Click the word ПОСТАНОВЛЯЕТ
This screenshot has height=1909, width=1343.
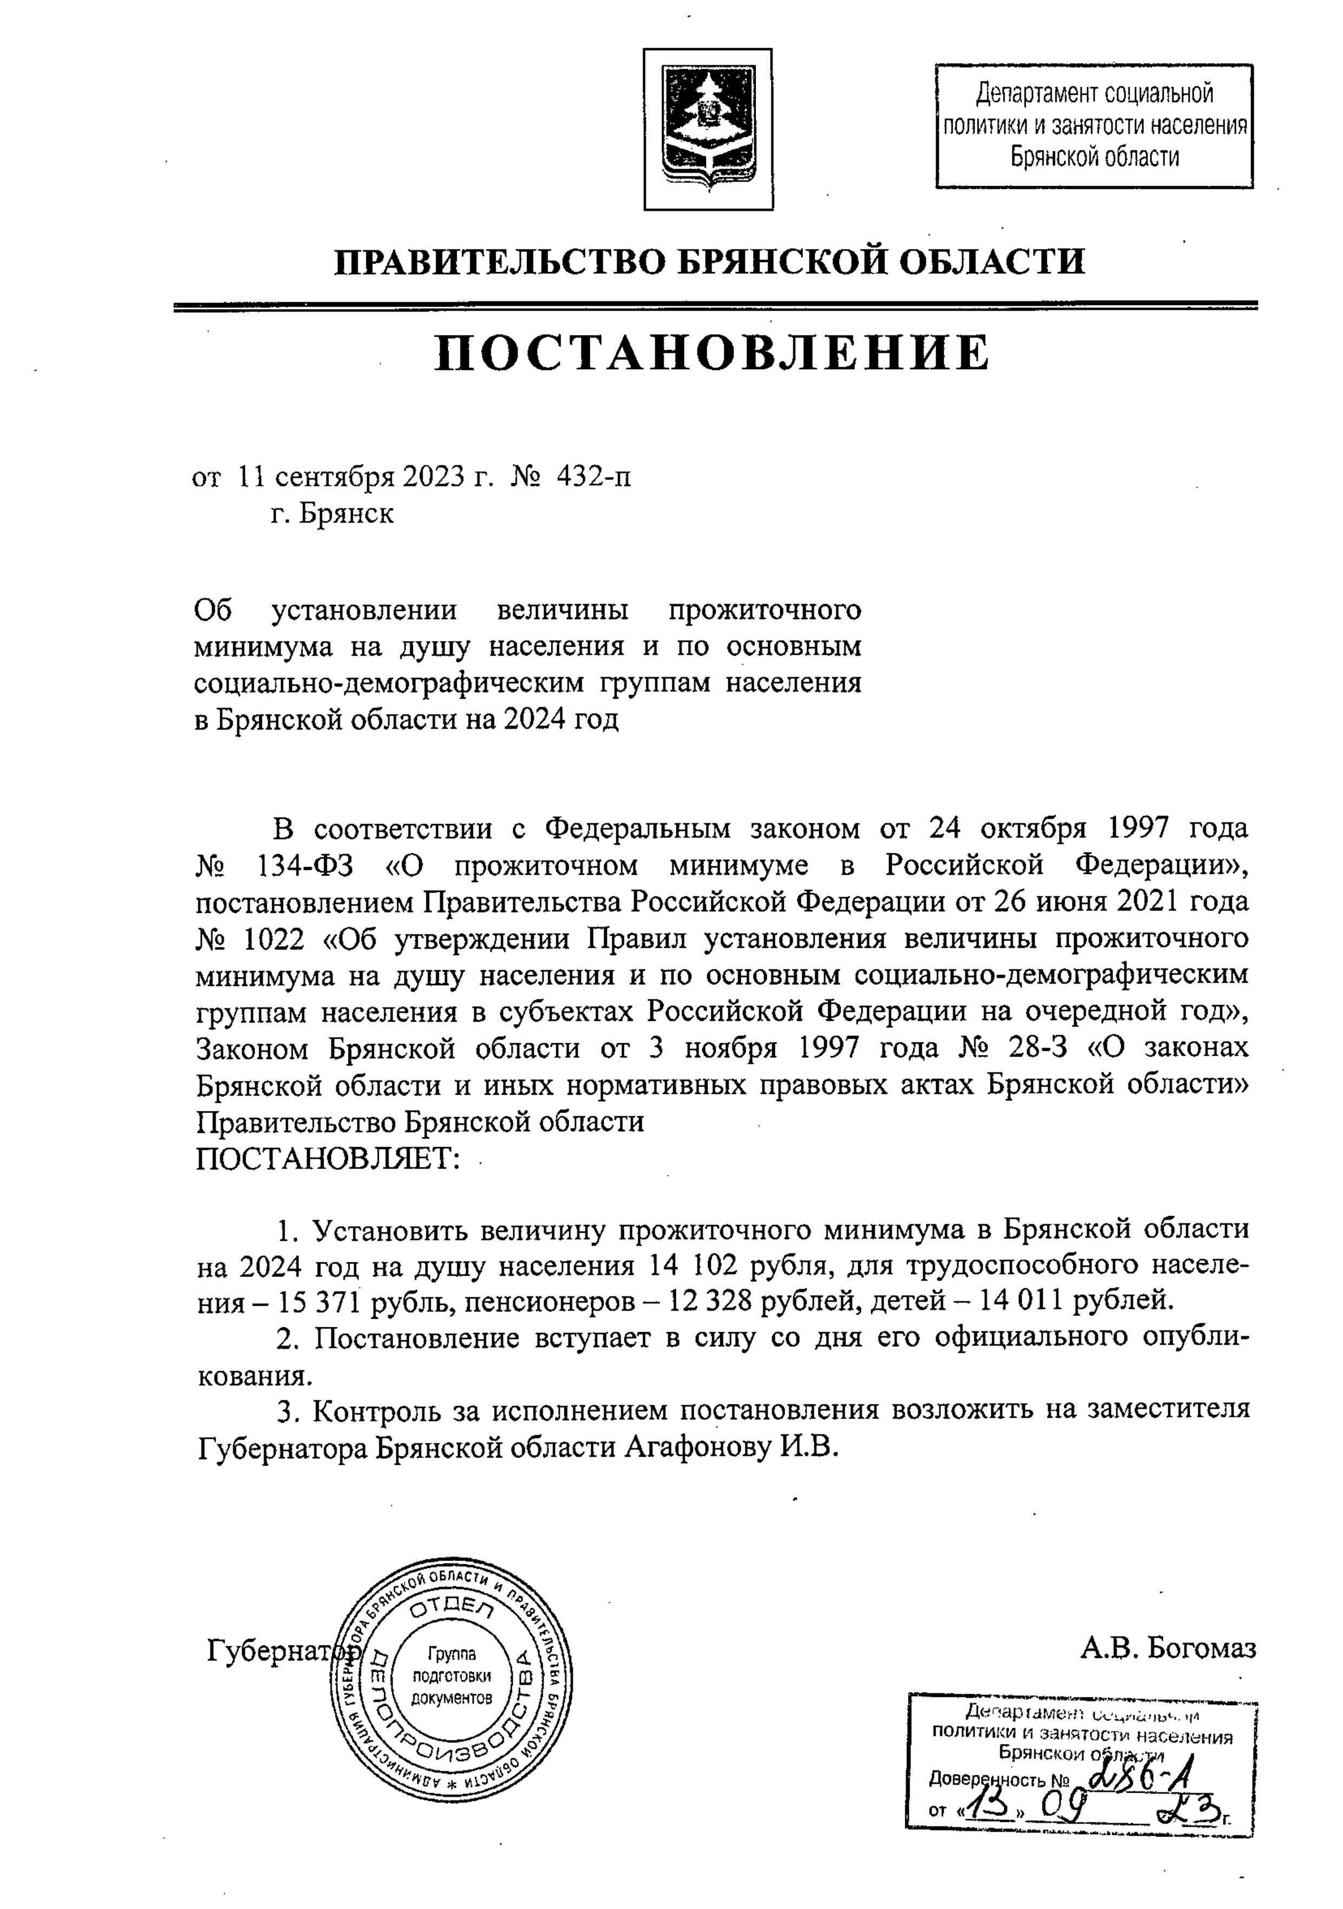coord(328,1157)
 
